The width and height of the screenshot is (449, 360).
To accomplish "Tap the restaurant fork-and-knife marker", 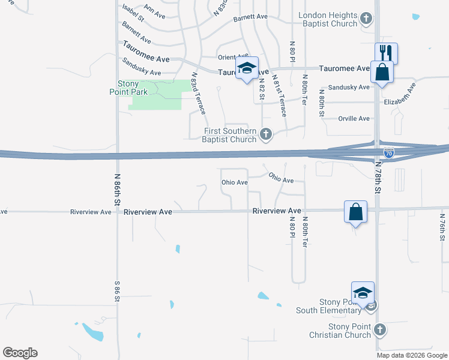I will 387,53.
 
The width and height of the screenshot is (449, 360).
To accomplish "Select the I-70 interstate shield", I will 389,153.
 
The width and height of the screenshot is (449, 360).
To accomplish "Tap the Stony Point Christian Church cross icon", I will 379,329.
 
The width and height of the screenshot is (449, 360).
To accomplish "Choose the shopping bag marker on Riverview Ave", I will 355,211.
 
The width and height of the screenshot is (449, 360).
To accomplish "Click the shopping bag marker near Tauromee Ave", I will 382,72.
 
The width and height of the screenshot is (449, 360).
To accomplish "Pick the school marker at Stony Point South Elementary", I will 363,292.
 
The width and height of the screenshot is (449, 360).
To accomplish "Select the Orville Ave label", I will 354,119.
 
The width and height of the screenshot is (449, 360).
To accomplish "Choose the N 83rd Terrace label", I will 197,94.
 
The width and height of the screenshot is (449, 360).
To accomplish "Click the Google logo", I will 20,353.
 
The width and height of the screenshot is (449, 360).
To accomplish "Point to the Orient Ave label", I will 233,57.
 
